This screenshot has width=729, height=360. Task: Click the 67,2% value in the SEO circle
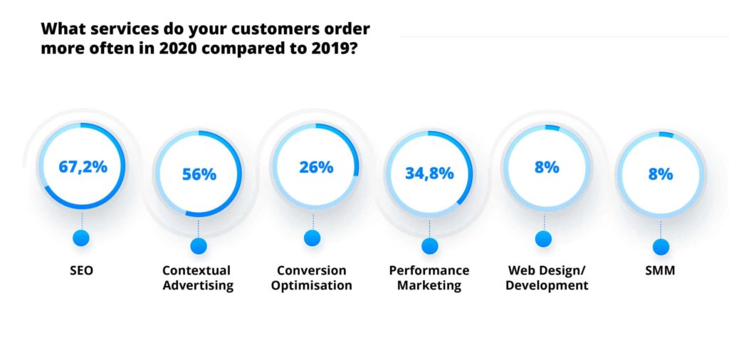(83, 167)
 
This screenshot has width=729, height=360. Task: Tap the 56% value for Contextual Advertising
(199, 174)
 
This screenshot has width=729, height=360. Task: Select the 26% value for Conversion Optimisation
(315, 167)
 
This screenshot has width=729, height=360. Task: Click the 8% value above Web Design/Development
(547, 167)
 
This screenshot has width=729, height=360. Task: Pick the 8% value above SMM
(661, 174)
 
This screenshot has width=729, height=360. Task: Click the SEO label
(83, 270)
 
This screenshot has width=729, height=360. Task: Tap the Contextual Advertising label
(197, 278)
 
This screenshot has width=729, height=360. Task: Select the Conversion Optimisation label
(312, 278)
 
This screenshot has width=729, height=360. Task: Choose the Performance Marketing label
(429, 278)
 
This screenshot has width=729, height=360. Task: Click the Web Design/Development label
(547, 278)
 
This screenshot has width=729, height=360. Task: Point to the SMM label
(661, 270)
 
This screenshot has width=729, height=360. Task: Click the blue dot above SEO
(83, 238)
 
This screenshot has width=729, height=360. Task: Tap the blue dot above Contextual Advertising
(199, 246)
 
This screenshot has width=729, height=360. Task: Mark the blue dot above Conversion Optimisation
(312, 238)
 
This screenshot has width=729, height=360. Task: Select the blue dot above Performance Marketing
(429, 246)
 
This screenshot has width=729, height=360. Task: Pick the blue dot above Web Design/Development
(544, 238)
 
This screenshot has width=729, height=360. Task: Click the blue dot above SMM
(661, 246)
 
